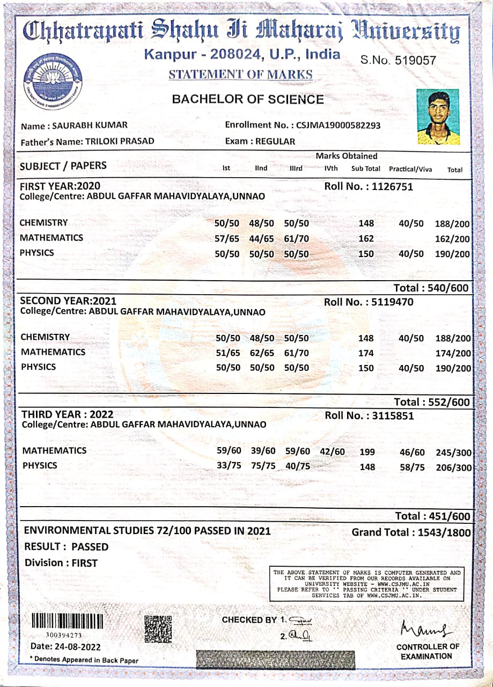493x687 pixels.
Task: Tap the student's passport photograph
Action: click(x=438, y=117)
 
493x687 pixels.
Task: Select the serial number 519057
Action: click(x=415, y=61)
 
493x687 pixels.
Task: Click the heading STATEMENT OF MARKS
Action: click(x=240, y=75)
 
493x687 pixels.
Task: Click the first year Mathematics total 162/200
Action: click(x=452, y=239)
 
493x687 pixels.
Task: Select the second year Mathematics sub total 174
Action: click(x=366, y=353)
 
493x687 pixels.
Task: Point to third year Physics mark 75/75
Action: click(x=263, y=465)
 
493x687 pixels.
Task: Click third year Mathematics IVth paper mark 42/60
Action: click(x=332, y=451)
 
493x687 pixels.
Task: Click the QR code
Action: click(x=158, y=628)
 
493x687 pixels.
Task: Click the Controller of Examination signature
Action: click(x=424, y=626)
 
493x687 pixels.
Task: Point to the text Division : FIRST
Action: click(x=61, y=563)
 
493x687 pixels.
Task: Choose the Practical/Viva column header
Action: click(x=410, y=169)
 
